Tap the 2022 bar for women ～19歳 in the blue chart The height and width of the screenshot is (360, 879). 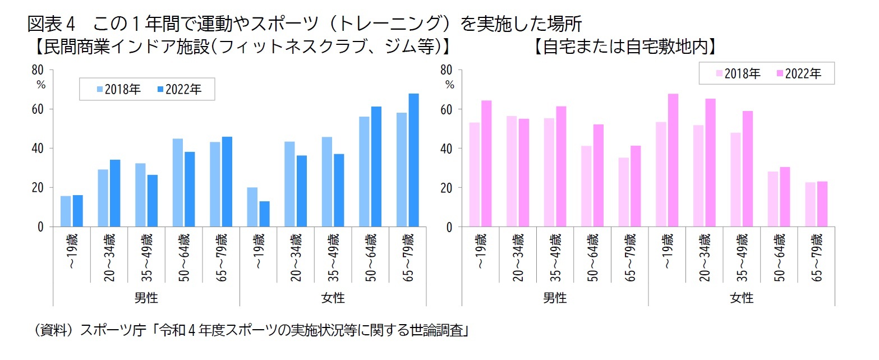tap(264, 214)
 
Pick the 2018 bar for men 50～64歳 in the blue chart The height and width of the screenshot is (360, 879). tap(178, 183)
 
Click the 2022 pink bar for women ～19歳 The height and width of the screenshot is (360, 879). tap(673, 160)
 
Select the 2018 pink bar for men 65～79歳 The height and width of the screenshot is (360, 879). tap(624, 192)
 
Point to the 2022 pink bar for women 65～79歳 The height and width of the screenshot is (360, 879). tap(822, 204)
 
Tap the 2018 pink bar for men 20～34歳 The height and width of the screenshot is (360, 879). tap(512, 172)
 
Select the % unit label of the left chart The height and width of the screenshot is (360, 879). tap(40, 85)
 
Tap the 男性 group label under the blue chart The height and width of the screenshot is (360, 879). tap(146, 298)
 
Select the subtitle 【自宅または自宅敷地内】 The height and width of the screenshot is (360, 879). tap(625, 47)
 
